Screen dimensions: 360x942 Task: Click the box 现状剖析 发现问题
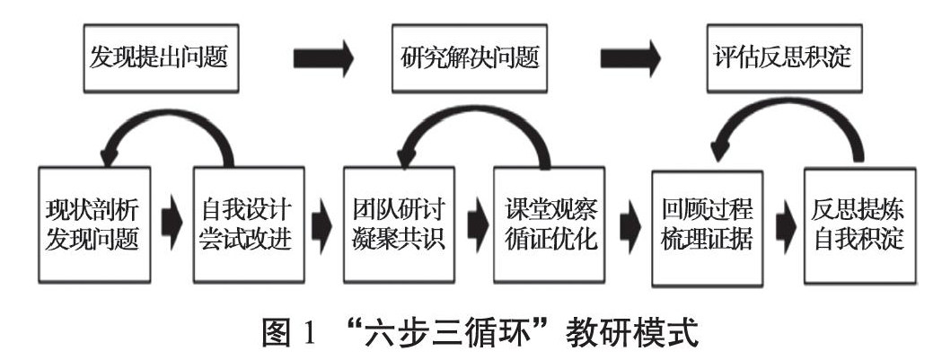coord(92,221)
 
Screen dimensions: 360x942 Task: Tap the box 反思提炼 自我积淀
coord(860,221)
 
